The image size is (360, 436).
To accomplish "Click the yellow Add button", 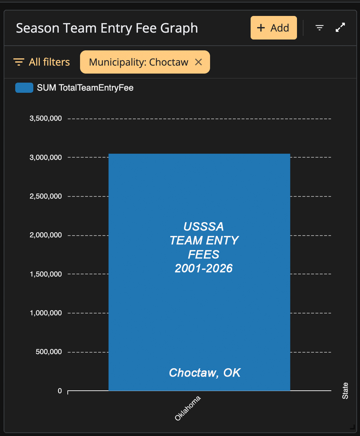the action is pos(273,28).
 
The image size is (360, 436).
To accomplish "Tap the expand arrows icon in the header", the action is pos(340,28).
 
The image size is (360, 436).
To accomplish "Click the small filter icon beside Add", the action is pos(319,28).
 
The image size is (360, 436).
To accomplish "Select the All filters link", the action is pos(42,62).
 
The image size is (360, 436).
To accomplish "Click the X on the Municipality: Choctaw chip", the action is pos(198,62).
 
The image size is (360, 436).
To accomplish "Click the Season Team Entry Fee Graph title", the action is pos(107,28).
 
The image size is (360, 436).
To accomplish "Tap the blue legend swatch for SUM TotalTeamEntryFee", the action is pos(24,88).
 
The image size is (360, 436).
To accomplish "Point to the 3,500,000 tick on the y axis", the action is pos(46,119).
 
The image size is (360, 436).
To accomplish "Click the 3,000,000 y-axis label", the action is pos(46,157).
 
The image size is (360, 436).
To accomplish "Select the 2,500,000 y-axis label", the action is pos(46,196).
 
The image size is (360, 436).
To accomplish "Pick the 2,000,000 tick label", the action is pos(46,235).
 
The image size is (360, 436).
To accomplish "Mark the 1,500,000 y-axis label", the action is pos(46,274).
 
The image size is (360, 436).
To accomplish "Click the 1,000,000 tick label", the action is pos(46,313).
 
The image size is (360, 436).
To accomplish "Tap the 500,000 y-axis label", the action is pos(49,352).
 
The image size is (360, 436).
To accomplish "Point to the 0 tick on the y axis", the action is pos(60,391).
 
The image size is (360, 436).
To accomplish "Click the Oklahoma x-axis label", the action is pos(188,408).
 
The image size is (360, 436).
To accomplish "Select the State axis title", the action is pos(345,391).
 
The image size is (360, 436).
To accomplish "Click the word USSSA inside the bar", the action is pos(204,227).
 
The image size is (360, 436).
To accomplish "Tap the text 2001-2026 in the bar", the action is pos(204,268).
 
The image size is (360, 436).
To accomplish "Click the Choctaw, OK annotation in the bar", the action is pos(205,373).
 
